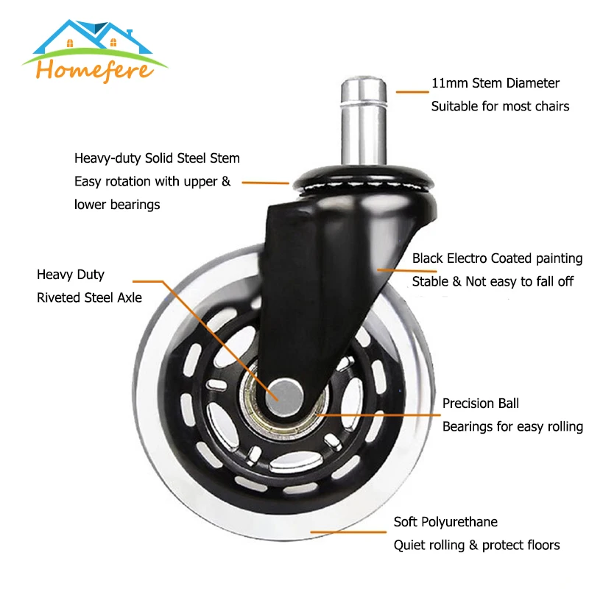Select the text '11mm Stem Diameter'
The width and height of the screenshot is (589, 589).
click(x=495, y=83)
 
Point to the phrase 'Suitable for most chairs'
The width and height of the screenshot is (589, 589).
click(x=500, y=106)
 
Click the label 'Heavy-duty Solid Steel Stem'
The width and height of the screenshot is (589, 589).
click(x=157, y=158)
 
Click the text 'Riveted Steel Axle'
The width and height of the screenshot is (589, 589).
click(x=89, y=297)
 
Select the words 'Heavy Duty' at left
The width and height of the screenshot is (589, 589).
click(x=71, y=275)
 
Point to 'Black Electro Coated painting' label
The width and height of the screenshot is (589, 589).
click(x=497, y=258)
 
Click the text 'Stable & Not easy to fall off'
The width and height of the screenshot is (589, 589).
click(x=493, y=281)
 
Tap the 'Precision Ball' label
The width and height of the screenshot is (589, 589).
click(x=480, y=403)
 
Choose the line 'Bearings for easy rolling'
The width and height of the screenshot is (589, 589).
click(x=512, y=426)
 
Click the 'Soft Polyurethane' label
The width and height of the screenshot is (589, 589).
click(x=445, y=522)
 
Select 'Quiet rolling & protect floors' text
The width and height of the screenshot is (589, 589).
click(x=476, y=545)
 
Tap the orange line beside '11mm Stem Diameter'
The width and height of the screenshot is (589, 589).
click(x=412, y=91)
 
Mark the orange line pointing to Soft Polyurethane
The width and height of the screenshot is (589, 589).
click(x=350, y=531)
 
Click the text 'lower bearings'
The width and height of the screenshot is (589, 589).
click(x=117, y=204)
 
